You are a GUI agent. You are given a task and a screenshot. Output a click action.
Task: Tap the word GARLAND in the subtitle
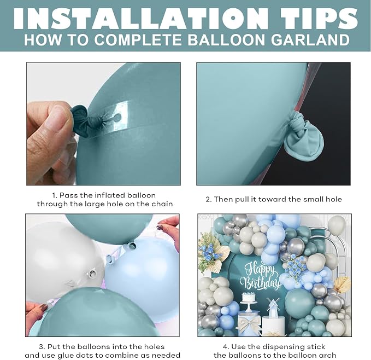click(310, 40)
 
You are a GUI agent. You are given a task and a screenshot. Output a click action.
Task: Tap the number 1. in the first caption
click(55, 196)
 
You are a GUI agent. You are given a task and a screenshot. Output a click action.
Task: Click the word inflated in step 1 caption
click(110, 195)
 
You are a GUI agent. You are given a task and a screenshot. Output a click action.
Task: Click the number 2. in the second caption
click(209, 200)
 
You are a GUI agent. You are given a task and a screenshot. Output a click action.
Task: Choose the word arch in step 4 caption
click(327, 356)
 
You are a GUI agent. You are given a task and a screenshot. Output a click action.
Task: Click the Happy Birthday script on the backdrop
click(260, 276)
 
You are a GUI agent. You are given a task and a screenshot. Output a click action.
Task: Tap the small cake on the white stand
click(249, 297)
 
